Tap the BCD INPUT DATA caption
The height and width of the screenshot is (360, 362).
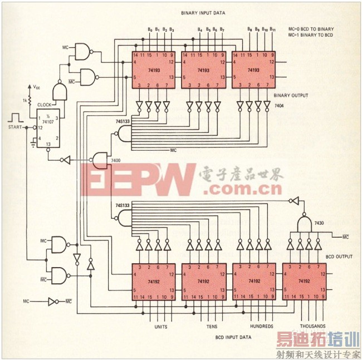click(233, 337)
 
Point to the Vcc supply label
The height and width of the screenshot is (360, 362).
click(36, 87)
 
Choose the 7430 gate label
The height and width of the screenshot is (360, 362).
click(319, 223)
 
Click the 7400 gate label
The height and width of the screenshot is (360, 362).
click(116, 161)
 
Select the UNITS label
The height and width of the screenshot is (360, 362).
click(160, 326)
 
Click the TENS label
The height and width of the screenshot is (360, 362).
click(211, 326)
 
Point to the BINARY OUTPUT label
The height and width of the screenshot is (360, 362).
click(291, 96)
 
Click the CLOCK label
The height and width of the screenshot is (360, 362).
click(45, 104)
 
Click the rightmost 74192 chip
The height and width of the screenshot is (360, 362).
click(304, 282)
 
